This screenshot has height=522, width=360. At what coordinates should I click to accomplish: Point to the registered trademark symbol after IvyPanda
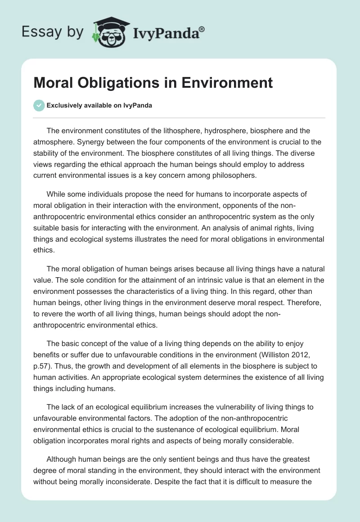(x=202, y=29)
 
